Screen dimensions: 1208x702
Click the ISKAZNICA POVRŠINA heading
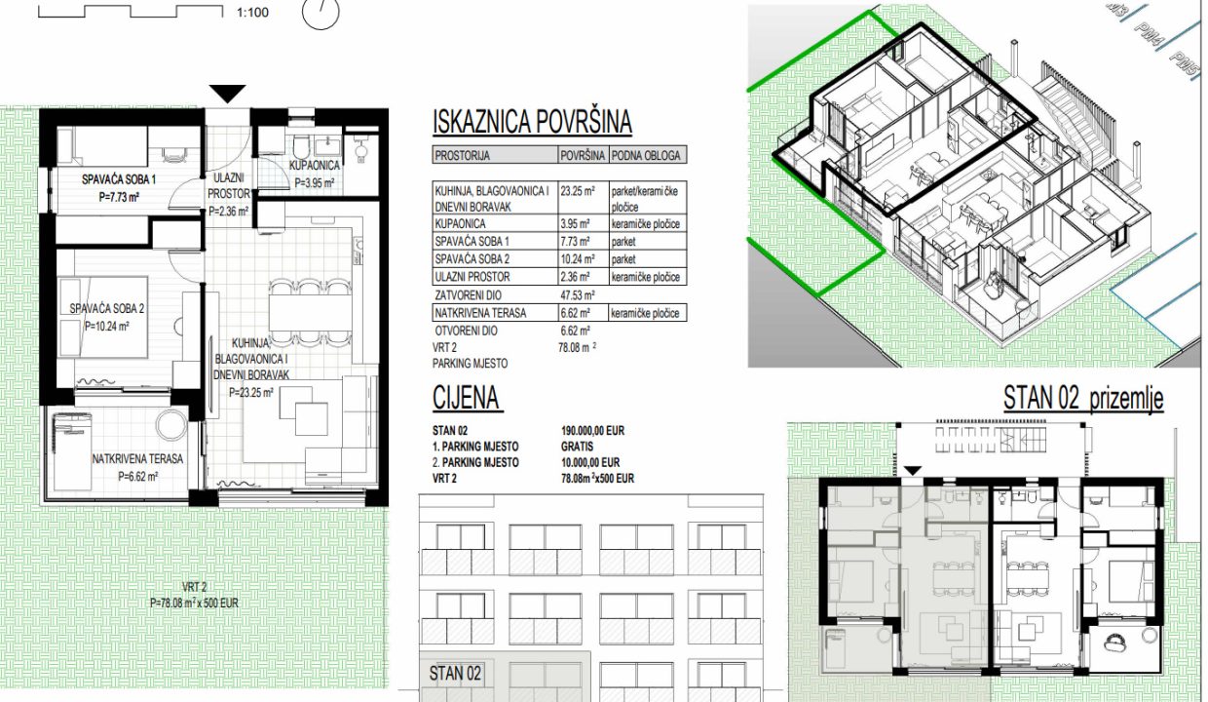tap(532, 122)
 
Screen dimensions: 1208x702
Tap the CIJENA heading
tap(466, 398)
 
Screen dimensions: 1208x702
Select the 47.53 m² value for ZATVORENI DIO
tap(578, 295)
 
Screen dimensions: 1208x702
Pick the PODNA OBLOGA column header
tap(646, 156)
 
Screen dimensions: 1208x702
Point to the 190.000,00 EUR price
tap(592, 431)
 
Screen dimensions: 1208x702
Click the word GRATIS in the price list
tap(577, 447)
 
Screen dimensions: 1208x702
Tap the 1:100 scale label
tap(252, 13)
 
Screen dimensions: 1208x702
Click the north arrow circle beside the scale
tap(321, 14)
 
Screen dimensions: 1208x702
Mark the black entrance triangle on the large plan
tap(228, 94)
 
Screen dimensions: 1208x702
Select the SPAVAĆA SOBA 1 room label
tap(119, 179)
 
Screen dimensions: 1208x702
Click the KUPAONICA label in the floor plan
tap(315, 165)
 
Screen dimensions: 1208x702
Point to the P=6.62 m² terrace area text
tap(138, 477)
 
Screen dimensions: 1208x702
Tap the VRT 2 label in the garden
tap(194, 587)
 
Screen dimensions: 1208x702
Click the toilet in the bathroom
tap(300, 147)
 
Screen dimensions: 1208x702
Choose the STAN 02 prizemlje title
tap(1083, 400)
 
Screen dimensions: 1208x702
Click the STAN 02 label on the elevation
tap(455, 674)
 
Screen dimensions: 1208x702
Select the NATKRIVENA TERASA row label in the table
tap(480, 313)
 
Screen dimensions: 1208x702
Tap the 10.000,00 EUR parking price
tap(590, 462)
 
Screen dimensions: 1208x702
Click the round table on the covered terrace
tap(171, 425)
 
